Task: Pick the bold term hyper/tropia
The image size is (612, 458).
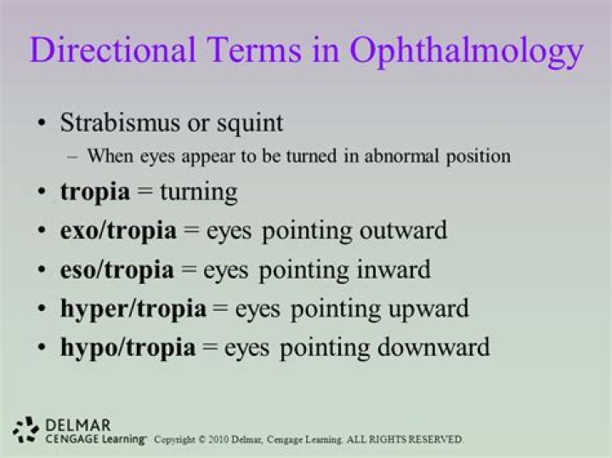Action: point(133,310)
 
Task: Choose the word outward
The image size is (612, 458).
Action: point(403,231)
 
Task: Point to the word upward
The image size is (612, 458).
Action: point(426,309)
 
